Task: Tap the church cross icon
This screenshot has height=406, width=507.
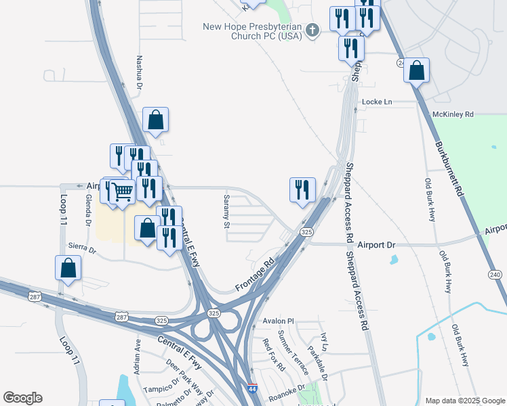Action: click(312, 30)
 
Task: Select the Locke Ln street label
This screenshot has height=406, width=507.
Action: click(377, 101)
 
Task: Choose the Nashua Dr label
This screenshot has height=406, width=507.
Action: click(139, 73)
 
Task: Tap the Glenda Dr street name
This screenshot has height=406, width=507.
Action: click(88, 209)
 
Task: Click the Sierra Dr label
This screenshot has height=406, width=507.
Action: click(82, 248)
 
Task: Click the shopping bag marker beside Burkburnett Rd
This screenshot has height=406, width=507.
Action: click(416, 70)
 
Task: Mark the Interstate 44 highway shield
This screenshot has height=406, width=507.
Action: click(252, 390)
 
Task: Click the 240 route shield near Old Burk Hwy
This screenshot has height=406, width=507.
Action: click(495, 274)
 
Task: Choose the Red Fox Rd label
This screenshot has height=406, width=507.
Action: click(274, 355)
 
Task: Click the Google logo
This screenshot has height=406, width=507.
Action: click(22, 398)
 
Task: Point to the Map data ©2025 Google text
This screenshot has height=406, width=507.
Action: click(464, 401)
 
